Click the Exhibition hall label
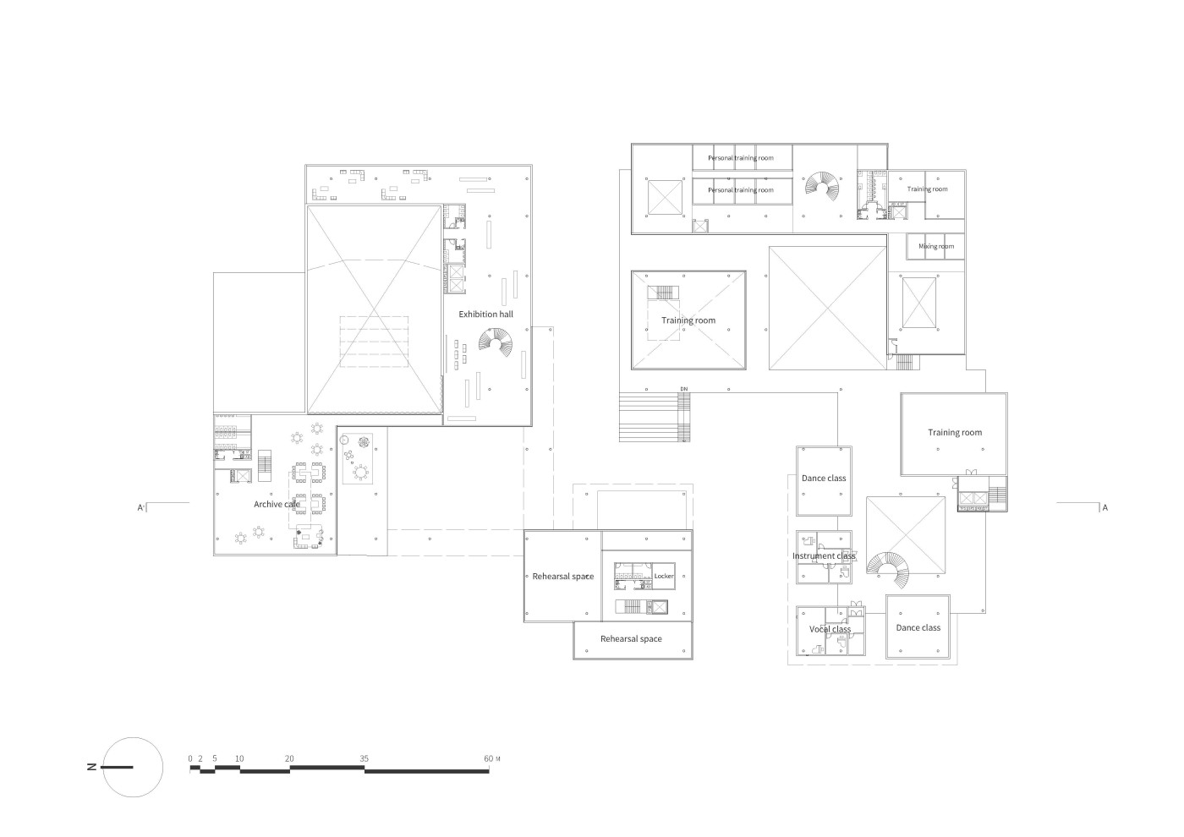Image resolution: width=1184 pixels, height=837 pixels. pos(485,315)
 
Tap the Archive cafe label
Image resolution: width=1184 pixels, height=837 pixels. pos(277,504)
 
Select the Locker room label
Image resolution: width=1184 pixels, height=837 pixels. pos(664,576)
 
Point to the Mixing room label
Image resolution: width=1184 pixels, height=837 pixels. pos(936,246)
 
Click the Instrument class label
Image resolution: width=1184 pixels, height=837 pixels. pos(824,556)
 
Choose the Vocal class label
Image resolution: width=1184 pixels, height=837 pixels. pos(830,629)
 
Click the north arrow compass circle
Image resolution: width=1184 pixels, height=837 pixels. pos(133,768)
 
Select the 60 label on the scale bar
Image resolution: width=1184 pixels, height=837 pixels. pos(489,759)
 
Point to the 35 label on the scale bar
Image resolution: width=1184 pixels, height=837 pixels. pos(365,759)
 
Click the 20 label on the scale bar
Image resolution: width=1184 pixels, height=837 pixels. pos(289,759)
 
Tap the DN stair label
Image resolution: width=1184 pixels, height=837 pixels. pos(684,390)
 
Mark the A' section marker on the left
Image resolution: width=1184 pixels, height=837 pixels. pos(141,508)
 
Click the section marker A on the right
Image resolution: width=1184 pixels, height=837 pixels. pos(1105,508)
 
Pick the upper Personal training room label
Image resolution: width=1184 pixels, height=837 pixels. pos(741,158)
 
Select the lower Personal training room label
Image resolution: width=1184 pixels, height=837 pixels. pos(741,190)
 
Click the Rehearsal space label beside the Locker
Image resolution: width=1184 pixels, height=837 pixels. pos(563,577)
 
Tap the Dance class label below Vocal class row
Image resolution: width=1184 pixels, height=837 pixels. pos(918,627)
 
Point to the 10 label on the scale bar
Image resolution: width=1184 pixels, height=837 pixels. pos(239,759)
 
